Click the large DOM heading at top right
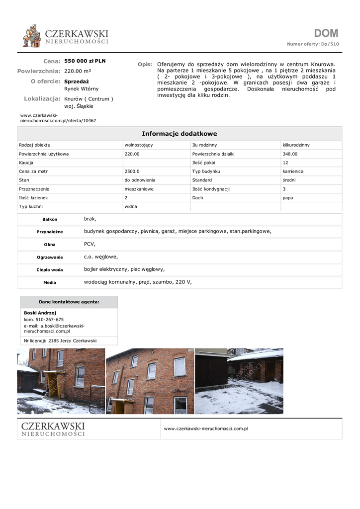(x=326, y=33)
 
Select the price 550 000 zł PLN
(x=85, y=61)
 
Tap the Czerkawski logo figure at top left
(x=32, y=36)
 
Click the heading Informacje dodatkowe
(x=180, y=134)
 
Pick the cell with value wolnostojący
(x=139, y=145)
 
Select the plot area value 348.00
(x=290, y=154)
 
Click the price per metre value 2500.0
(x=132, y=171)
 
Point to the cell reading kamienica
(x=293, y=171)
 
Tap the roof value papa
(x=288, y=198)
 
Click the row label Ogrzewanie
(x=50, y=257)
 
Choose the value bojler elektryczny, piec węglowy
(x=124, y=269)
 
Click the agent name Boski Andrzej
(x=40, y=313)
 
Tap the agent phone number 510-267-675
(x=50, y=320)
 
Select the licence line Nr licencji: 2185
(x=60, y=341)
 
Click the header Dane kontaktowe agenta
(x=69, y=302)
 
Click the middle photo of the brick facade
(x=150, y=381)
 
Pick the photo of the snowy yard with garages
(x=239, y=381)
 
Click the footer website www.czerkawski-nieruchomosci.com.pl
(x=206, y=428)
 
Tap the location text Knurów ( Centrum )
(x=89, y=99)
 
